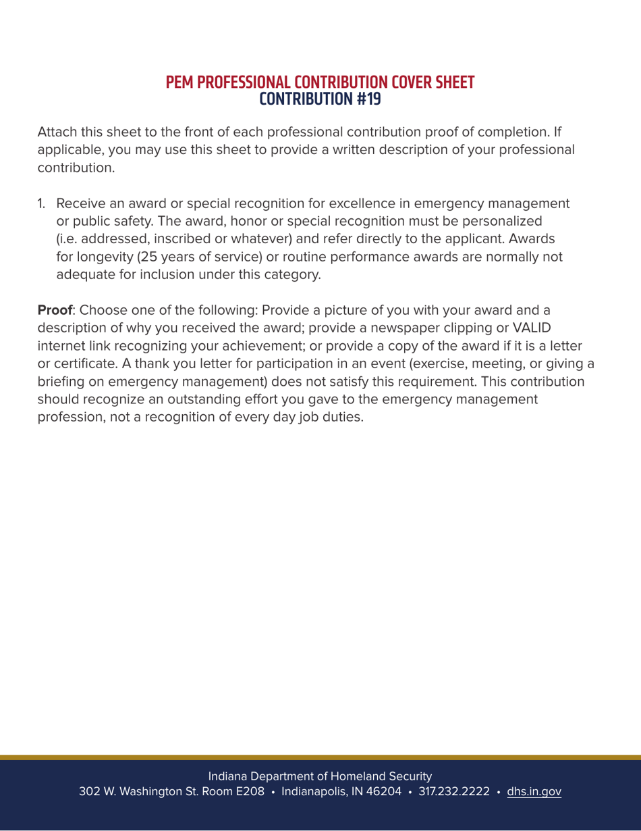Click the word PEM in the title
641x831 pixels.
click(181, 83)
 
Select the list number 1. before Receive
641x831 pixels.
click(42, 203)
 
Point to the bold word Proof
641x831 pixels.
click(54, 311)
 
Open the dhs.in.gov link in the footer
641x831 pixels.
click(534, 791)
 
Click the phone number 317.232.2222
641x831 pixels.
click(454, 791)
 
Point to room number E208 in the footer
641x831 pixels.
click(244, 791)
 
